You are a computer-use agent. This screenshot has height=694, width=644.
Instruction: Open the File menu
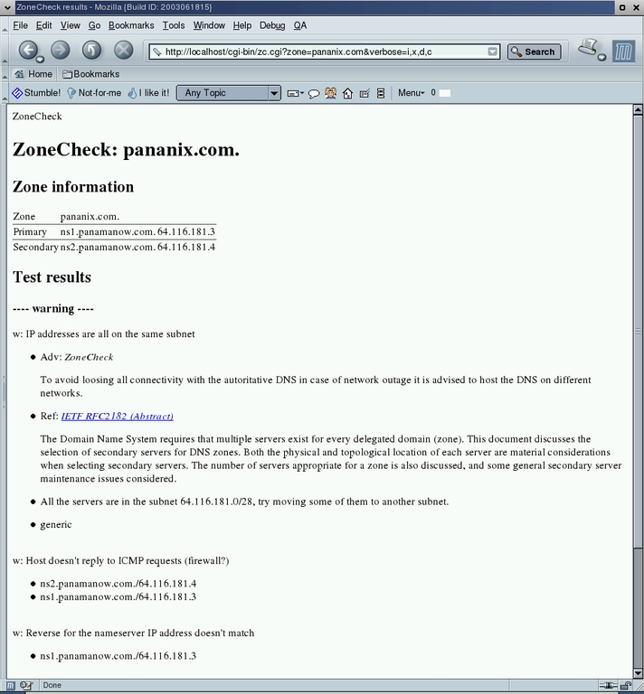pos(20,25)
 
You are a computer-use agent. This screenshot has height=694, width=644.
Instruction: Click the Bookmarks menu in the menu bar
pos(131,25)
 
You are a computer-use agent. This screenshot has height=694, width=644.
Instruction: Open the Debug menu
pos(271,25)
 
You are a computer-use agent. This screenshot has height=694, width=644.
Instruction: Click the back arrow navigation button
pos(29,51)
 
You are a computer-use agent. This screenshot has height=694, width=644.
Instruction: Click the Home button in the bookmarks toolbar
pos(33,74)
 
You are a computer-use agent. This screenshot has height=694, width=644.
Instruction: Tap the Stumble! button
pos(36,93)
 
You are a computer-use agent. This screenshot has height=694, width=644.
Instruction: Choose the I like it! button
pos(148,93)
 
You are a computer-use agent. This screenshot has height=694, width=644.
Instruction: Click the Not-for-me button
pos(94,93)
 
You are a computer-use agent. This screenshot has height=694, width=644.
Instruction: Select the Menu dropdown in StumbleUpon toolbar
pos(411,93)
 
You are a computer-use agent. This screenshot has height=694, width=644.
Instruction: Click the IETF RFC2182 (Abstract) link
pos(117,417)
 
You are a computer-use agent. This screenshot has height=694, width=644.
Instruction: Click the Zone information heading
pos(73,187)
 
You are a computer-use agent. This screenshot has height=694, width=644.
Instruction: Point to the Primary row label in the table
pos(30,232)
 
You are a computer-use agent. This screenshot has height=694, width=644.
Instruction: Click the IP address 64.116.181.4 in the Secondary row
pos(186,247)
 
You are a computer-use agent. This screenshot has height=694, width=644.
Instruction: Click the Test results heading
pos(52,277)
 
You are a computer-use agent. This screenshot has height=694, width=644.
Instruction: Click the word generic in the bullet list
pos(56,525)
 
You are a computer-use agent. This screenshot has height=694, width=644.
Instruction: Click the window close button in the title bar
pos(635,6)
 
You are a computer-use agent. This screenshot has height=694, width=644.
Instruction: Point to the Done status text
pos(52,686)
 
